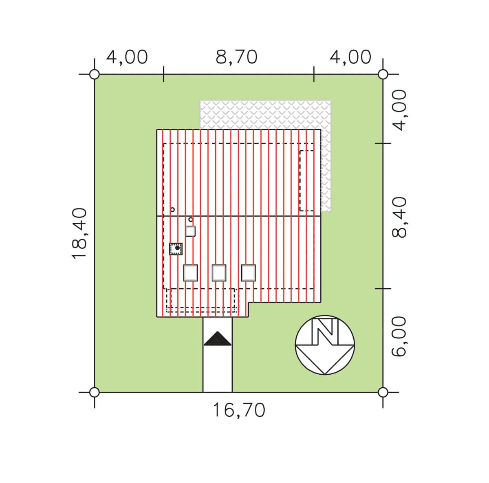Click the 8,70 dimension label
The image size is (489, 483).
tap(236, 57)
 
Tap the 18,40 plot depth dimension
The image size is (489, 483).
tap(79, 234)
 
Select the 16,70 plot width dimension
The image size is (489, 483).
tap(239, 411)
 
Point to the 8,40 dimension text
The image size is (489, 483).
tap(399, 217)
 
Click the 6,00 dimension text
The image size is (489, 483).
tap(399, 337)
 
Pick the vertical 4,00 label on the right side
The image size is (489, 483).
tap(399, 110)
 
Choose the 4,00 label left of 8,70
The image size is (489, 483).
tap(127, 57)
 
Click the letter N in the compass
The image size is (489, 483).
tap(326, 332)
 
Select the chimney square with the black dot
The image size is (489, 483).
tap(176, 249)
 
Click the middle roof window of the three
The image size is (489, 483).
tap(219, 273)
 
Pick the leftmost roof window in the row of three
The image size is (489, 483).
tap(191, 273)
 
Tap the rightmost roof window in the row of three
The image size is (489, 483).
tap(248, 273)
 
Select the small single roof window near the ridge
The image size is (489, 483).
tap(191, 231)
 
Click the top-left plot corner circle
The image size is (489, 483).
tap(95, 75)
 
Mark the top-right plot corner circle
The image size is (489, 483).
tap(383, 75)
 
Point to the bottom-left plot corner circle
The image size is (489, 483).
tap(95, 392)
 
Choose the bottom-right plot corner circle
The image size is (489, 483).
tap(383, 392)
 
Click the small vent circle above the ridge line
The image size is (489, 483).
tap(172, 210)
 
